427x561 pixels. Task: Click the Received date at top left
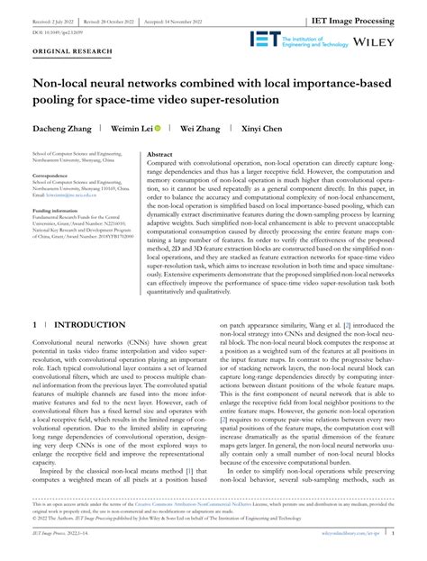(x=57, y=19)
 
